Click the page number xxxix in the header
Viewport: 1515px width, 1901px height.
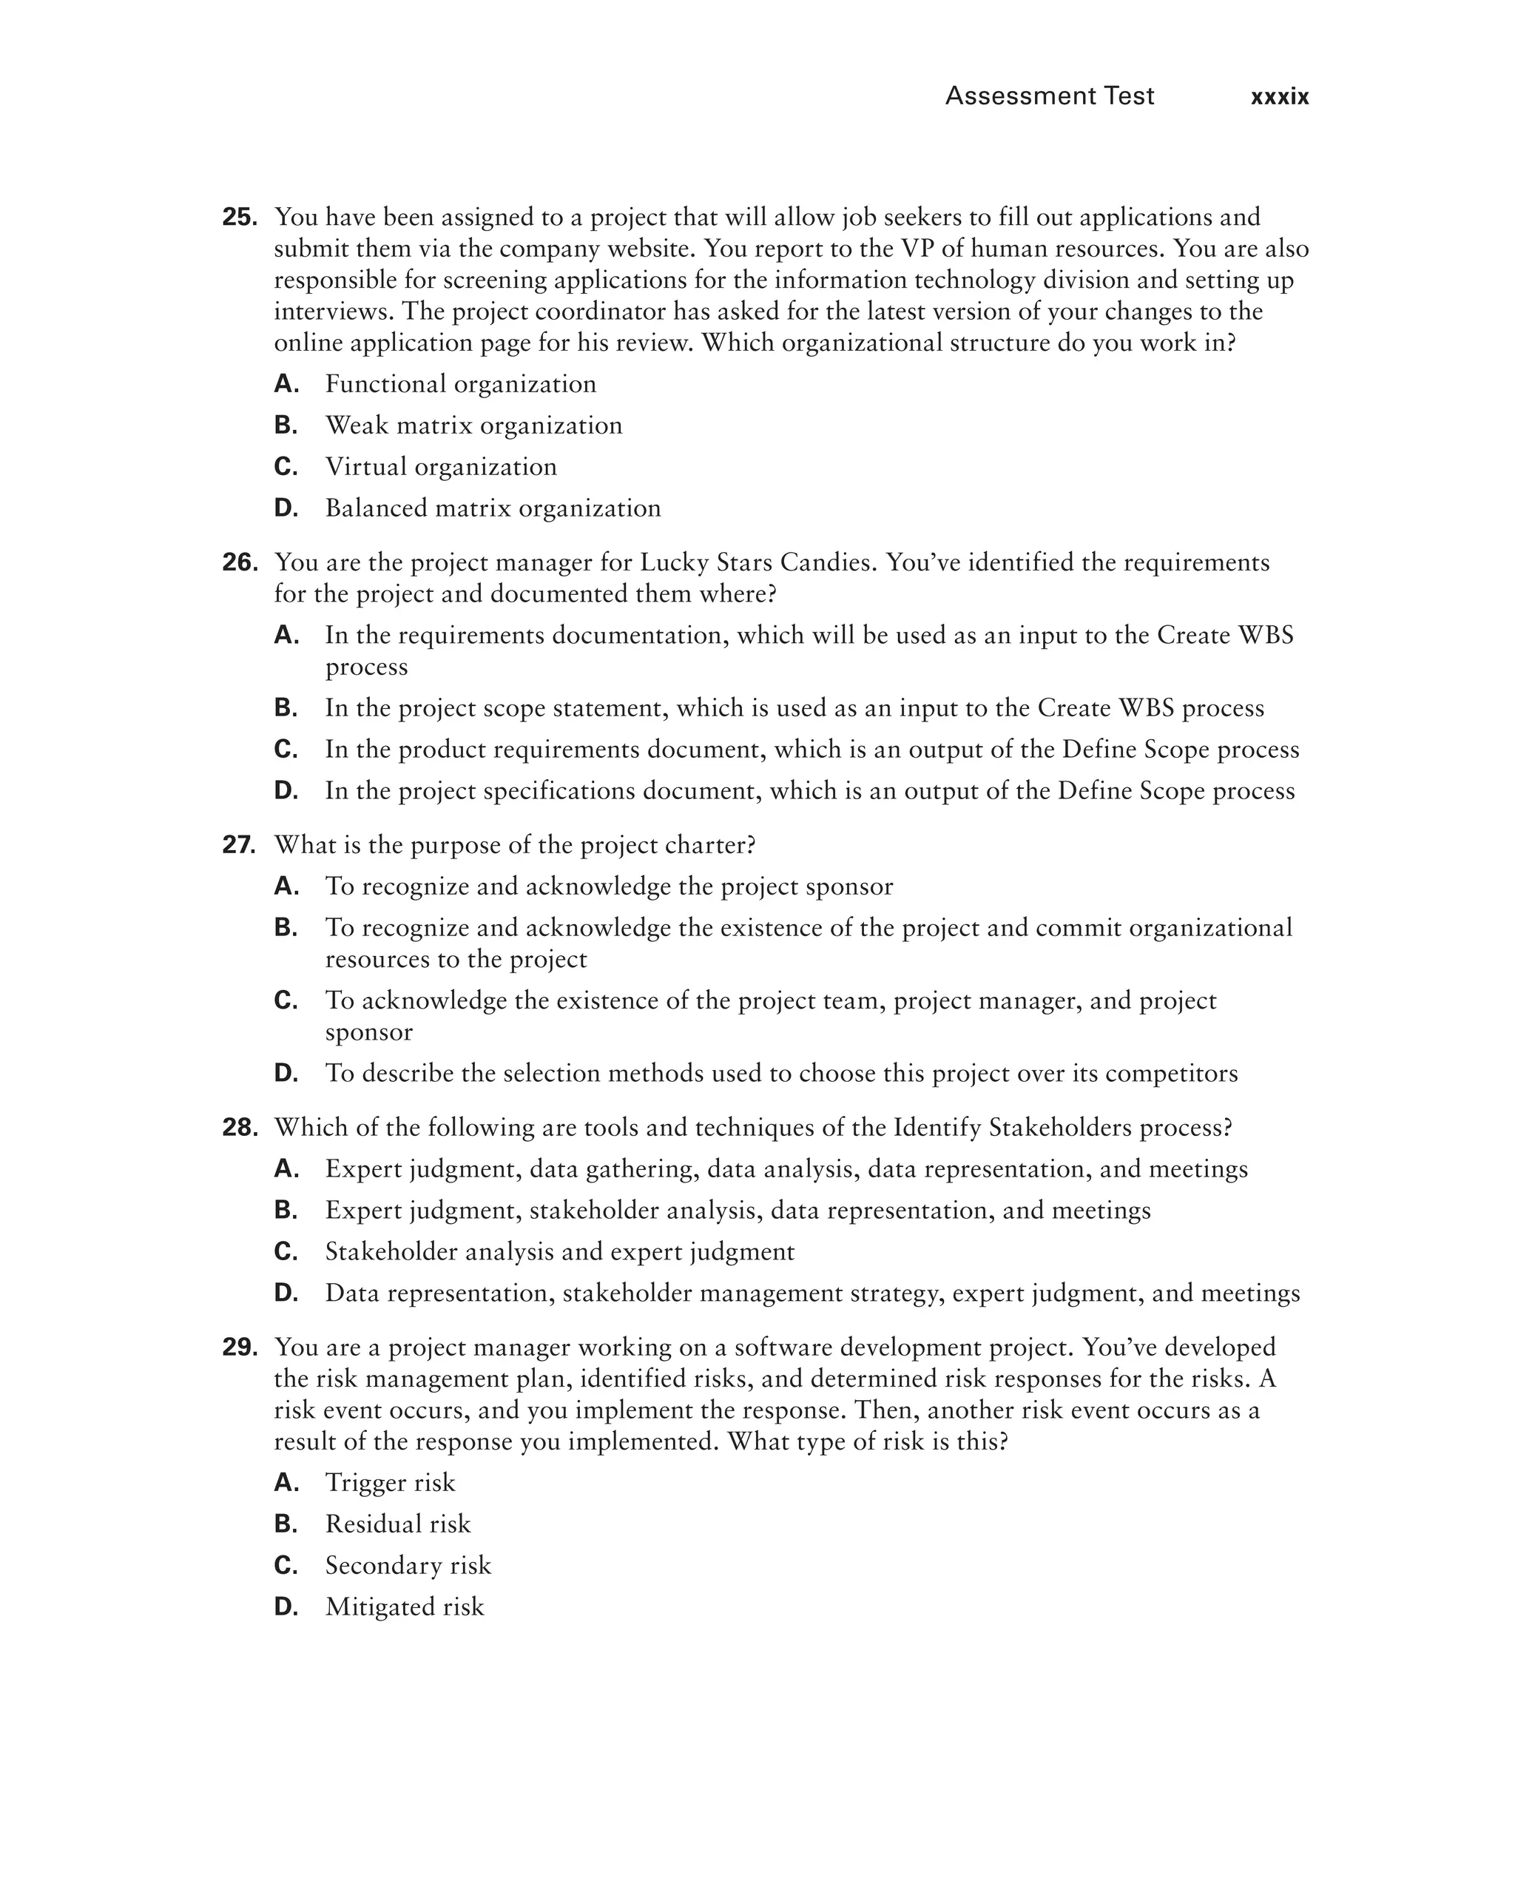coord(1279,97)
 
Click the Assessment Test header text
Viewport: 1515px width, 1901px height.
coord(1049,95)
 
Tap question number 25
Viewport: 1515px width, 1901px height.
coord(239,217)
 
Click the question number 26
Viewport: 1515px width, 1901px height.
coord(239,562)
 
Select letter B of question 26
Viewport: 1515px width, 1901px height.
coord(286,708)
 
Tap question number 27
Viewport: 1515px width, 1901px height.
coord(239,845)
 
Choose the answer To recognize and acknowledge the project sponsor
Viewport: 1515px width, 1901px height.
coord(608,886)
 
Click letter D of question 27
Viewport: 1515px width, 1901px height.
coord(286,1073)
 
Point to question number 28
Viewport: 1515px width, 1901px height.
coord(239,1128)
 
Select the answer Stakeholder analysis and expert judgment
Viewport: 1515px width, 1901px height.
coord(560,1252)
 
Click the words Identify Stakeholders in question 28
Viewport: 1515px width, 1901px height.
coord(1012,1128)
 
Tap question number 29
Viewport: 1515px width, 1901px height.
coord(239,1347)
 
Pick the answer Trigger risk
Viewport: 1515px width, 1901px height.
coord(390,1483)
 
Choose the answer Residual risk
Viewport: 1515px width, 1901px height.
coord(397,1524)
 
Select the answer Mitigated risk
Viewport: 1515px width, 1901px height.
coord(405,1606)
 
